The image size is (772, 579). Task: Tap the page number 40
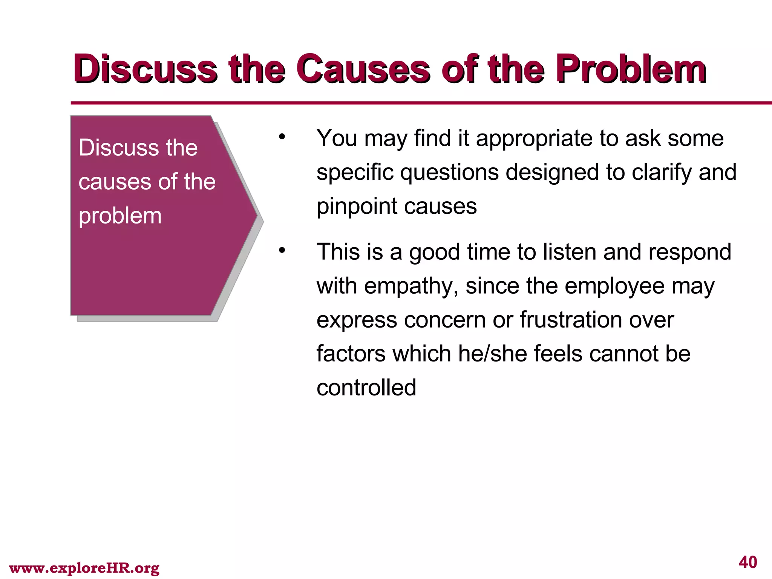coord(748,562)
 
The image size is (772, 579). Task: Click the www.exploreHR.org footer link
coord(84,568)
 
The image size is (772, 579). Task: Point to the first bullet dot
coord(282,136)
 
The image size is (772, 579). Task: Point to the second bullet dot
coord(282,250)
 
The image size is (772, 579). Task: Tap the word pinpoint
coord(357,207)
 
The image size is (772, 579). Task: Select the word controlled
coord(366,388)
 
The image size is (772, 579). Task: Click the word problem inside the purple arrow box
coord(120,216)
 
